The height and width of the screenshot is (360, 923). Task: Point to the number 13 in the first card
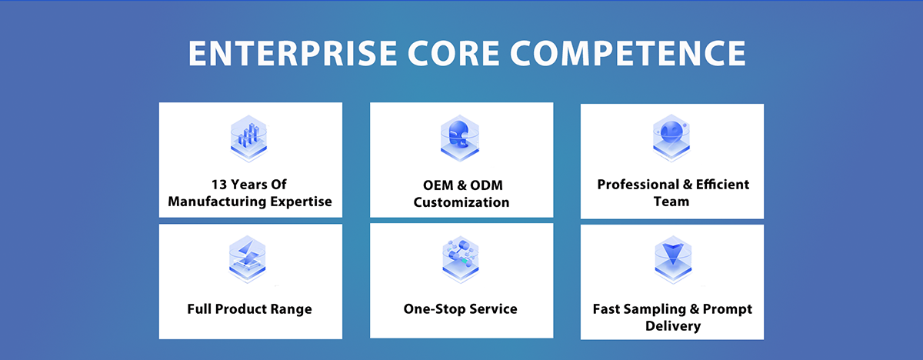tap(221, 185)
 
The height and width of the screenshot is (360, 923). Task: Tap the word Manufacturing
tap(217, 202)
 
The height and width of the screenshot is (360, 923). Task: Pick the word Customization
tap(461, 203)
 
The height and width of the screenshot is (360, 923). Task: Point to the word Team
tap(672, 202)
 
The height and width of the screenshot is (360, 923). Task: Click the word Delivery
tap(672, 326)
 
